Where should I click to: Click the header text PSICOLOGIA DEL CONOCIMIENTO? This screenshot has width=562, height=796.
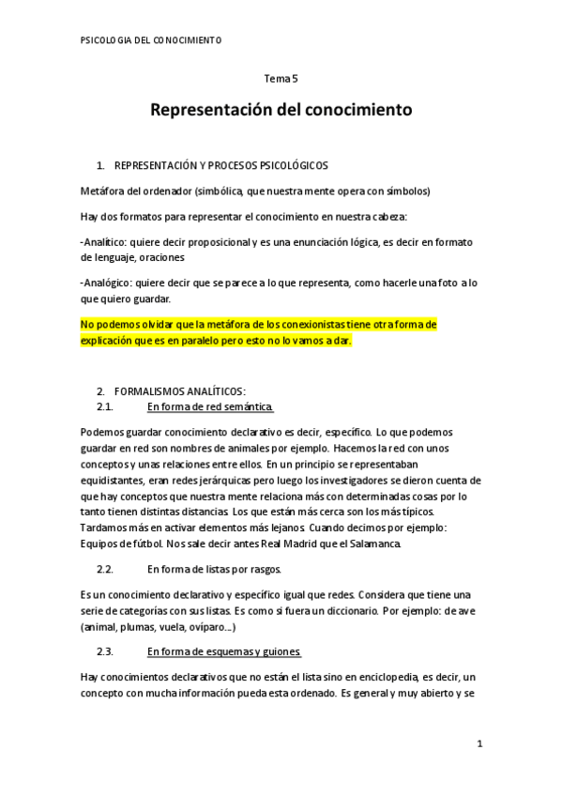(151, 40)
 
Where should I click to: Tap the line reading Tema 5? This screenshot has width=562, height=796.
(281, 80)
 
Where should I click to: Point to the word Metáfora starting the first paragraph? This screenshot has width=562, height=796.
(102, 191)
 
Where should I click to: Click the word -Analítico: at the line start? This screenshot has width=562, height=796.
(108, 242)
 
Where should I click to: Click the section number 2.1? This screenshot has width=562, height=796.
(105, 406)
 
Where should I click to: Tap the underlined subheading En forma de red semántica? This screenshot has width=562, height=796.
(210, 406)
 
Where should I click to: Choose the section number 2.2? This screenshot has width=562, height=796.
(105, 569)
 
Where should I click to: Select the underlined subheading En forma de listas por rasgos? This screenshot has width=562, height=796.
(215, 569)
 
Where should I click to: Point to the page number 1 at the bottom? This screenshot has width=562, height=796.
(478, 744)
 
